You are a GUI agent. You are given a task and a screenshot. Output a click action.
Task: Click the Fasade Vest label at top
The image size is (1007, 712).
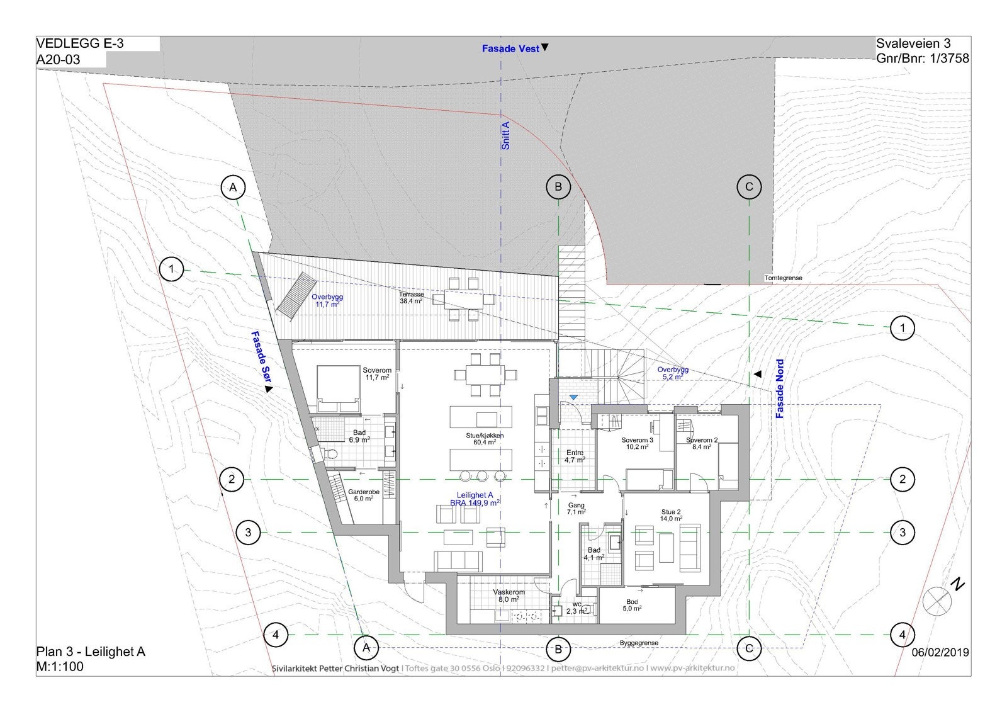510,48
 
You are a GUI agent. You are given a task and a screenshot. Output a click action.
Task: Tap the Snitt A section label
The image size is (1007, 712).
505,135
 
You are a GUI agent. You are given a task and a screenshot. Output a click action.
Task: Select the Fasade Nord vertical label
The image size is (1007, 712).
780,388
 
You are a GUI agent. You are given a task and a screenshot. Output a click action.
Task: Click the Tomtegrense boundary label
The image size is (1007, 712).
783,278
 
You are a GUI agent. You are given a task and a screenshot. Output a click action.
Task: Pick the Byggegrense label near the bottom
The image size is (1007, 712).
639,643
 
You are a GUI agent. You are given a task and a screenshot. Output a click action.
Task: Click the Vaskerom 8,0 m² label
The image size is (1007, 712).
509,596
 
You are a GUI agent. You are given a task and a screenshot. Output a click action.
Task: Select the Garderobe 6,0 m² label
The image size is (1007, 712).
364,495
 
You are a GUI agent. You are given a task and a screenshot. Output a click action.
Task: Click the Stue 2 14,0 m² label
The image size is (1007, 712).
671,515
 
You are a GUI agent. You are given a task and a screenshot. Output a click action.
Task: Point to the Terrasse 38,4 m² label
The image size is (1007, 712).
411,297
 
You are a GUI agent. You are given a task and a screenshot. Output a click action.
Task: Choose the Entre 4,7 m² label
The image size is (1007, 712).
575,456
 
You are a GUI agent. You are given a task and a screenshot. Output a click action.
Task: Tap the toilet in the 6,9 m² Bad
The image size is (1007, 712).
332,454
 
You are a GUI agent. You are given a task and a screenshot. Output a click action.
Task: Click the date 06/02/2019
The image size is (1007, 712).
940,652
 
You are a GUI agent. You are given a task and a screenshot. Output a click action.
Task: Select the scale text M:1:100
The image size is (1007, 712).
60,667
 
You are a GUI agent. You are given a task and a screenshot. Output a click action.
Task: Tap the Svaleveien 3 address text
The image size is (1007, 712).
913,43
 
